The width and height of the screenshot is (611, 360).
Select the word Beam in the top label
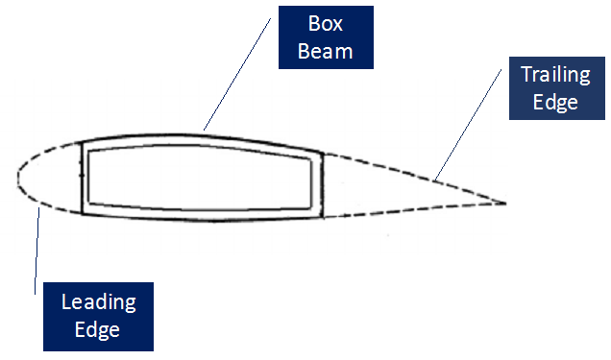click(x=325, y=50)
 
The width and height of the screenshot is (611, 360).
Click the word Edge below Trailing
click(x=554, y=101)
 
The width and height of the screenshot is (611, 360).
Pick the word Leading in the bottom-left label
click(x=98, y=303)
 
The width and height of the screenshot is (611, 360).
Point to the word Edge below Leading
click(x=98, y=329)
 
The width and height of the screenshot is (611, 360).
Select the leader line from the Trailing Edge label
click(x=471, y=126)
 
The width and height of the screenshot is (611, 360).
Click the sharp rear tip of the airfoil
click(x=505, y=203)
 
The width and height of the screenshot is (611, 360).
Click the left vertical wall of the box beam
click(x=83, y=178)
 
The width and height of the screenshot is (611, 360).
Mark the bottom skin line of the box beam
click(x=202, y=219)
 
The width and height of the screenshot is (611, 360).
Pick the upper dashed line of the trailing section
click(x=413, y=171)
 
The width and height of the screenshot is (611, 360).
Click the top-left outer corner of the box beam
click(x=82, y=143)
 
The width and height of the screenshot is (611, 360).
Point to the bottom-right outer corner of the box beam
click(x=320, y=215)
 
